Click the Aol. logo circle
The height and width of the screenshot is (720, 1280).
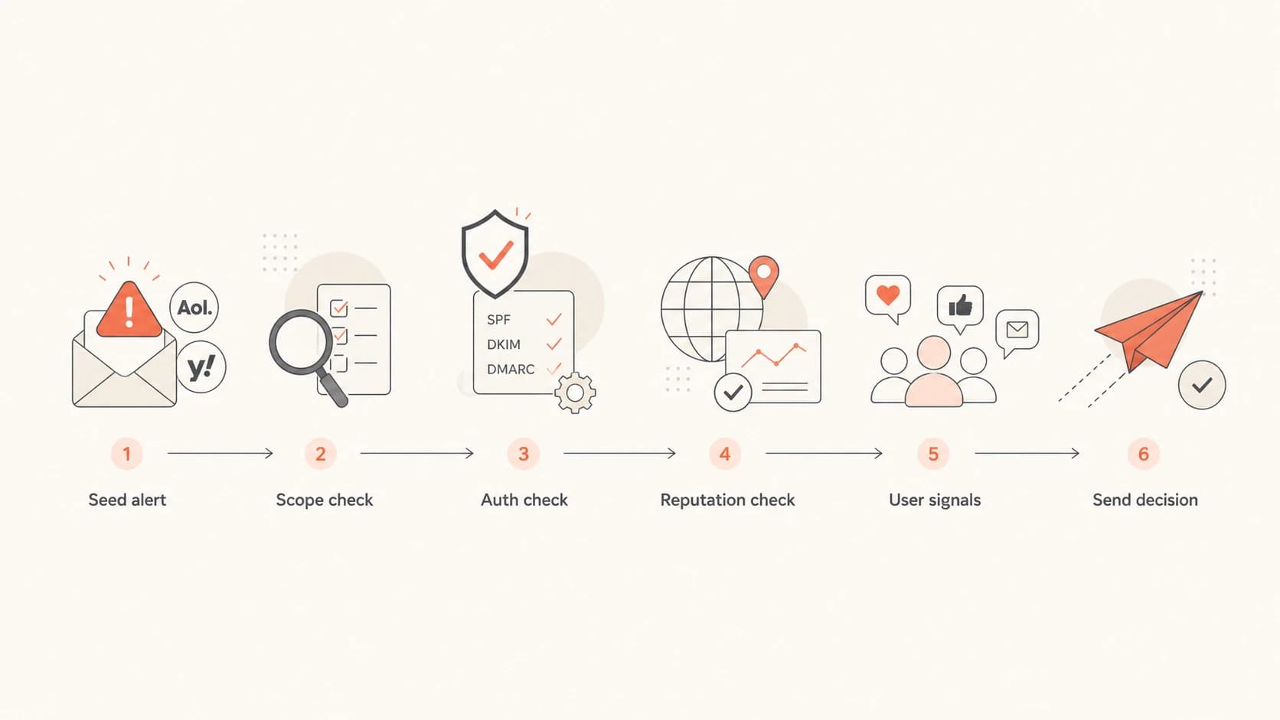pos(194,307)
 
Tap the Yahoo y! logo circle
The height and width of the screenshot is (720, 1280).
pos(201,367)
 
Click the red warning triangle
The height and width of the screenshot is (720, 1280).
pos(129,309)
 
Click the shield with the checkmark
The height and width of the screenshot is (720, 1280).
pos(495,253)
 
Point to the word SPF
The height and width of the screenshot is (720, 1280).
pos(498,320)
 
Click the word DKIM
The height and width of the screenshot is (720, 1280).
pos(504,344)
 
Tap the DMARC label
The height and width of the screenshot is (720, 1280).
pos(511,370)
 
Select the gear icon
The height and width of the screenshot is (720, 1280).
pos(576,393)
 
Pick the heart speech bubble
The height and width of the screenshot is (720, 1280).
pos(888,298)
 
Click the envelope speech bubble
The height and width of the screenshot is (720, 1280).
pos(1017,331)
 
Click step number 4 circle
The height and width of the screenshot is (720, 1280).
pos(724,454)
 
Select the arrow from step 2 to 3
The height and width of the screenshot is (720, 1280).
pos(416,454)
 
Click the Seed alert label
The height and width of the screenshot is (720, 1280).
pos(127,500)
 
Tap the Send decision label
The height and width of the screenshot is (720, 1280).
pos(1145,500)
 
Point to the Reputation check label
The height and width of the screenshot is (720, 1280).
pos(727,500)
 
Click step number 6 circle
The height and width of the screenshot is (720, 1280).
pos(1144,454)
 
